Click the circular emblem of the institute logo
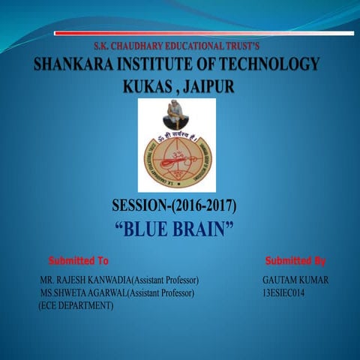[x=178, y=157]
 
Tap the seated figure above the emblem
[x=178, y=113]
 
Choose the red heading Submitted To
[x=79, y=261]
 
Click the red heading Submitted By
[x=295, y=261]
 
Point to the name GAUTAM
[x=278, y=280]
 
